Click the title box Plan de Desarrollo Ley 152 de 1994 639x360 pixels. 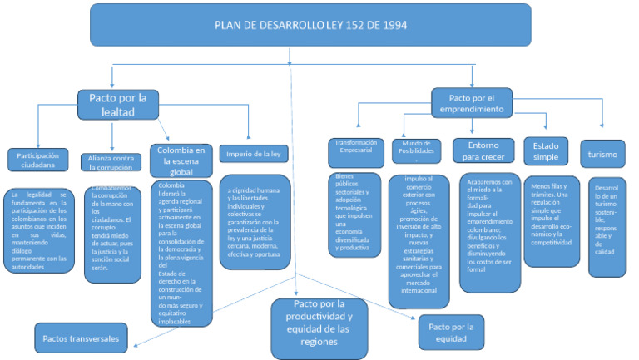point(310,24)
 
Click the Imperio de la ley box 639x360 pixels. point(253,154)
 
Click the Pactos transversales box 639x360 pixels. point(82,338)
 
